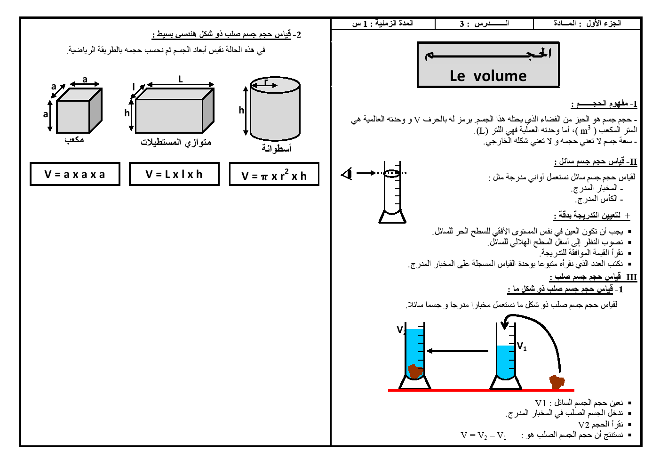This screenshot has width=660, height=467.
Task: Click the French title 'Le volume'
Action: point(488,76)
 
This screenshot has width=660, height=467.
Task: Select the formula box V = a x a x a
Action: point(75,174)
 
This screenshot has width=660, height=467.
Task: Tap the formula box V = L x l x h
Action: point(174,174)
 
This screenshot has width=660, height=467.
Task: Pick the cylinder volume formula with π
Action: point(274,174)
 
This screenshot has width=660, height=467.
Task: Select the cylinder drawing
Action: point(275,108)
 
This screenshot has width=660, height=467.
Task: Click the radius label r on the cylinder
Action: point(266,81)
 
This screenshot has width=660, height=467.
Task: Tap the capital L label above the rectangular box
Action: point(180,79)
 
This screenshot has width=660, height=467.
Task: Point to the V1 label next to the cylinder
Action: point(522,346)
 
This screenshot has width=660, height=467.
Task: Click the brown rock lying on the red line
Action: point(557,382)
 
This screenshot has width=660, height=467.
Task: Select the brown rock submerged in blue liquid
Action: point(415,371)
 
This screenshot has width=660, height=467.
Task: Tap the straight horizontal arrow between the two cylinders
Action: point(458,351)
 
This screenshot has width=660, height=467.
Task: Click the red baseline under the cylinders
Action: point(481,390)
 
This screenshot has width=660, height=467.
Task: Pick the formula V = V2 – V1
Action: point(484,435)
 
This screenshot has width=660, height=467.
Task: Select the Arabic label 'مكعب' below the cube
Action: point(74,139)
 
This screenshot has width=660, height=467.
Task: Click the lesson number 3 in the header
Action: point(461,24)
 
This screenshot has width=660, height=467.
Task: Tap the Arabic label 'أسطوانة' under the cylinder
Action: point(277,148)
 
